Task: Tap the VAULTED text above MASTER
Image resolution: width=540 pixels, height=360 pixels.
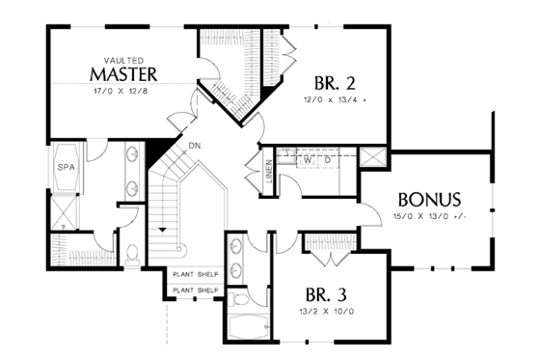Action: point(121,59)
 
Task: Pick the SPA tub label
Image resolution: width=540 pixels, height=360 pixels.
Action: point(67,166)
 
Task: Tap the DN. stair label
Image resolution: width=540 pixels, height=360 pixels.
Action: point(195,145)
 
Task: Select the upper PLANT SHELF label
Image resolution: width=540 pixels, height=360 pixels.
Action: point(195,274)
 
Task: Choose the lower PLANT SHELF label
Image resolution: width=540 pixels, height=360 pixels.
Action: point(195,290)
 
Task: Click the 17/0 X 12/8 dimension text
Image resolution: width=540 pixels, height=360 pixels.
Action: point(121,91)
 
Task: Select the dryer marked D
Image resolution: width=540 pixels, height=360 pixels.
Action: point(329,160)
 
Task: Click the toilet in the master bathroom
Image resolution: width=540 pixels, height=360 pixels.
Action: point(134,253)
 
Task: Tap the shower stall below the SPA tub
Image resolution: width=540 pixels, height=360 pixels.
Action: point(67,207)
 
